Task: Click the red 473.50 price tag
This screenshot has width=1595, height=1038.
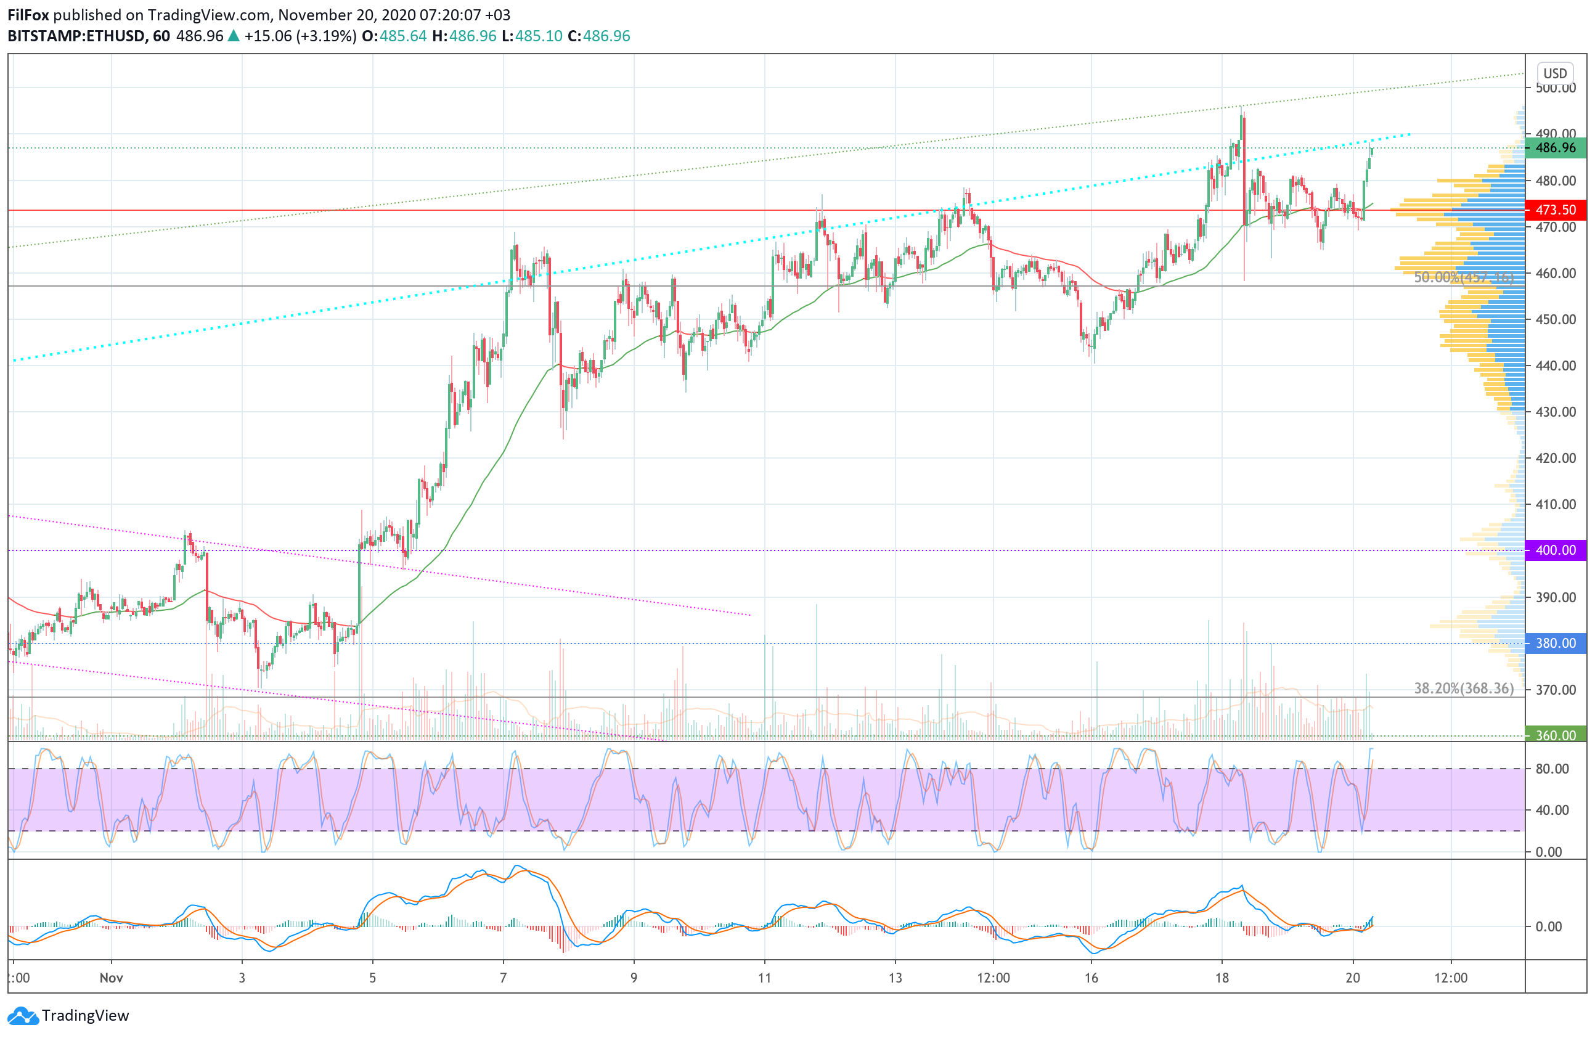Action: [1555, 210]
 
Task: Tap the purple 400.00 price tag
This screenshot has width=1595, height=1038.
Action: [1555, 550]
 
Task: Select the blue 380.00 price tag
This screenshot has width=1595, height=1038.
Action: [1555, 644]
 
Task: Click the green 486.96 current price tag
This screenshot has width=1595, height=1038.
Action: [1555, 147]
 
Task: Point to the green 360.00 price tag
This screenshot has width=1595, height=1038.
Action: [1555, 735]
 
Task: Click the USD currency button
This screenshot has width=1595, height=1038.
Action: [1555, 73]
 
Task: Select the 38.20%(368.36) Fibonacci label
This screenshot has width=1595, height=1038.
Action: [1463, 689]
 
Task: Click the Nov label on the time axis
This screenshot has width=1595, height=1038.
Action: [112, 978]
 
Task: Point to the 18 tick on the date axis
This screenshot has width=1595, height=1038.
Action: [1222, 978]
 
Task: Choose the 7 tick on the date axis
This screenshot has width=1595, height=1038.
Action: [503, 978]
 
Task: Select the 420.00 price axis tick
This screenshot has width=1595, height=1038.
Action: [1555, 458]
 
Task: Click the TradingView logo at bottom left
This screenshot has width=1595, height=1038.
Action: [69, 1015]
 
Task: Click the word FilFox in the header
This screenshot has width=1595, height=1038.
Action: [28, 15]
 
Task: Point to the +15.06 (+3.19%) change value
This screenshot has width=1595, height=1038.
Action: [300, 36]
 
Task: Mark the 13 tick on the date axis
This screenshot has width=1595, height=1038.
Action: [895, 978]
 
